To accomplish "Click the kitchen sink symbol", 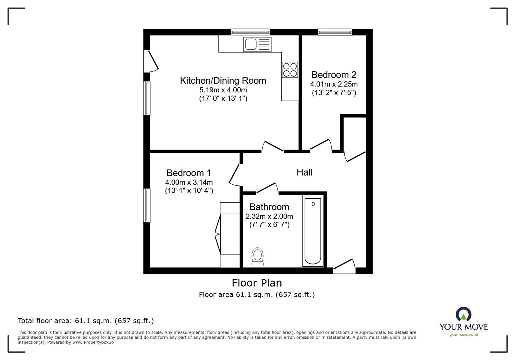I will [x=257, y=44].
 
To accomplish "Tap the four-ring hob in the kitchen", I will [x=290, y=70].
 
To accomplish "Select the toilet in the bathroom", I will [x=257, y=257].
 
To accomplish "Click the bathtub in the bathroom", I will [x=313, y=231].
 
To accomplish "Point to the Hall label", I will [x=304, y=172].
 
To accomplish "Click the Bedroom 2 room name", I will [x=334, y=75].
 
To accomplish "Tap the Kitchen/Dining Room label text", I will [x=223, y=80].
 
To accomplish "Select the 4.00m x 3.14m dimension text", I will [x=189, y=182].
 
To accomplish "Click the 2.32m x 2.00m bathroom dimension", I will [x=269, y=216].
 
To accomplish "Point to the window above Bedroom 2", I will [x=335, y=32].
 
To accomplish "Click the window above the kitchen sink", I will [x=250, y=32].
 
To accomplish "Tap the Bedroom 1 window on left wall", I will [x=147, y=205].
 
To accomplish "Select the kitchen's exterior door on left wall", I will [x=151, y=61].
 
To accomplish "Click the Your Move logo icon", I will [x=464, y=314].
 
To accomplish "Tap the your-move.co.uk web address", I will [x=464, y=335].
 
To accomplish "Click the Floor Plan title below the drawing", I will [x=257, y=283].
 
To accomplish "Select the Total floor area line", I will [x=86, y=321].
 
